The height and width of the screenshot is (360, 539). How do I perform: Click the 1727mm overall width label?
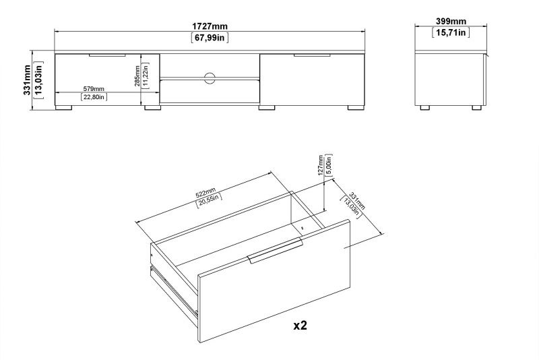pyautogui.click(x=210, y=26)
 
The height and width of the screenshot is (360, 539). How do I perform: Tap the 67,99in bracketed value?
pyautogui.click(x=210, y=38)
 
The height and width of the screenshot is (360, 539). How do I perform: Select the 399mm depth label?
pyautogui.click(x=451, y=22)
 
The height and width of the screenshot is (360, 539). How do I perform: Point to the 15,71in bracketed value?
pyautogui.click(x=451, y=32)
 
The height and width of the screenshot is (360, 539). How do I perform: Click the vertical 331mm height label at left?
pyautogui.click(x=27, y=80)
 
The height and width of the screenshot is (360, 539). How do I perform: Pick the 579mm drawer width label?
pyautogui.click(x=94, y=89)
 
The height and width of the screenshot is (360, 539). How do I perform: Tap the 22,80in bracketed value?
pyautogui.click(x=94, y=97)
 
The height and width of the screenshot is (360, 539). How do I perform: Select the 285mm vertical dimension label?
pyautogui.click(x=137, y=76)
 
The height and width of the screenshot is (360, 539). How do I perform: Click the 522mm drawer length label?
pyautogui.click(x=205, y=193)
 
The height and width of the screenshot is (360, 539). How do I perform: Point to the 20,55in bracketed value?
pyautogui.click(x=209, y=201)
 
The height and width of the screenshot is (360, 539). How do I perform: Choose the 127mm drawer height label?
pyautogui.click(x=321, y=165)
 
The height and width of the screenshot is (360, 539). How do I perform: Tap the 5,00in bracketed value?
pyautogui.click(x=329, y=165)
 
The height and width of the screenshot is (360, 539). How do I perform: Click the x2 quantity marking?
pyautogui.click(x=300, y=325)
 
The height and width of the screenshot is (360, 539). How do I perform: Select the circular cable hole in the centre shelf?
pyautogui.click(x=210, y=78)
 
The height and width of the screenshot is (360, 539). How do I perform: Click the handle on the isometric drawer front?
pyautogui.click(x=275, y=251)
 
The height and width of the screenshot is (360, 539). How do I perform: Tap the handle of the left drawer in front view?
pyautogui.click(x=107, y=55)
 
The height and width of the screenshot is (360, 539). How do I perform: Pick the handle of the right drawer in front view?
pyautogui.click(x=312, y=55)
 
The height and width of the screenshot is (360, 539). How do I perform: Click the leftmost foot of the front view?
pyautogui.click(x=63, y=108)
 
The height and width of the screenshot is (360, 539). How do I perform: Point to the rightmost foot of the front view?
pyautogui.click(x=356, y=108)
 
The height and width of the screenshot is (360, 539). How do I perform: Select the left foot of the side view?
pyautogui.click(x=425, y=108)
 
